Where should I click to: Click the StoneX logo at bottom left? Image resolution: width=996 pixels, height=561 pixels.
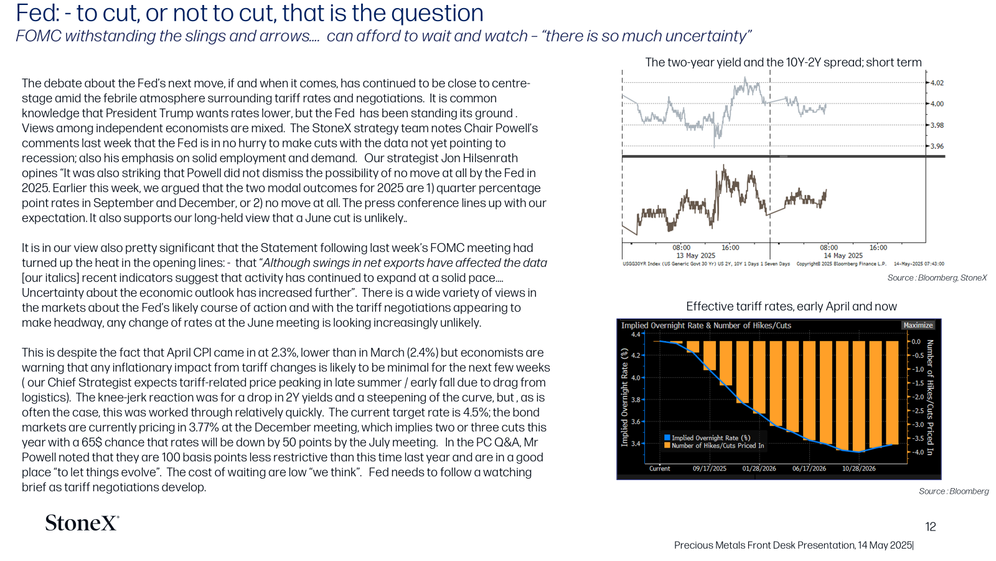click(82, 523)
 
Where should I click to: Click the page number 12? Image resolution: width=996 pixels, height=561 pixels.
click(931, 527)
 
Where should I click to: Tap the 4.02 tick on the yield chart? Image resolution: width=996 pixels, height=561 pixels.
click(937, 83)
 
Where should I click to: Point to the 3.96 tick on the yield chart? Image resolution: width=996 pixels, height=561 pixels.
click(937, 146)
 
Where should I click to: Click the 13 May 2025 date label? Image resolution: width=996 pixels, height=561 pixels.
click(696, 256)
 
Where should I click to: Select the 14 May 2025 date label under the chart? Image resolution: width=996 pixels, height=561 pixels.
click(843, 256)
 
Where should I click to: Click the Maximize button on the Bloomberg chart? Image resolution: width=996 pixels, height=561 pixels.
click(918, 325)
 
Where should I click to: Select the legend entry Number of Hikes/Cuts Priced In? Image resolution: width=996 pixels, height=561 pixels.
click(714, 445)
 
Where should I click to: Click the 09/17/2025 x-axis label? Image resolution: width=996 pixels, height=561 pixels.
click(709, 468)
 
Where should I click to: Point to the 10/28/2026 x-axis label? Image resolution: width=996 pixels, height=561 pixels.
click(858, 468)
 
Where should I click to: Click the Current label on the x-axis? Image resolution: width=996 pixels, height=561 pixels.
click(659, 468)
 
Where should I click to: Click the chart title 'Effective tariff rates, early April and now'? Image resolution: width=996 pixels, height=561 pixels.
click(791, 306)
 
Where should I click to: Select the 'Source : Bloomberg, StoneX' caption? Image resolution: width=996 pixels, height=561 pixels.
click(937, 278)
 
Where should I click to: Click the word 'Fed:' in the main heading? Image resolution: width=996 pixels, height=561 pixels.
click(38, 13)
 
